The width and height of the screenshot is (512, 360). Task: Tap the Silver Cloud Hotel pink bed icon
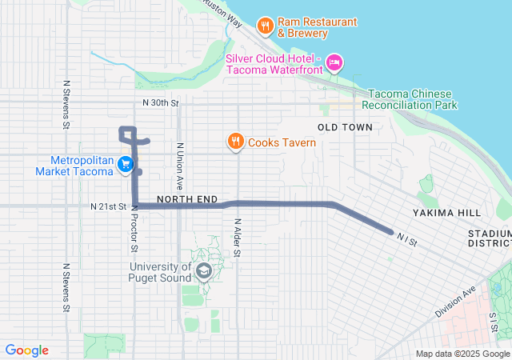tap(334, 62)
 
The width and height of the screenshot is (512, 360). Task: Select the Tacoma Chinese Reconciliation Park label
tap(410, 99)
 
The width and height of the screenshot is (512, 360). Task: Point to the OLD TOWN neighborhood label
tap(345, 127)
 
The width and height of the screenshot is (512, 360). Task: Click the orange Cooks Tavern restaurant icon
tap(235, 142)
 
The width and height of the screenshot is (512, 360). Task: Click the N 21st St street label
tap(108, 206)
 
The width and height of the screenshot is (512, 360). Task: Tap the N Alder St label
tap(238, 238)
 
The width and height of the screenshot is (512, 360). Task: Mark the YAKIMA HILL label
tap(447, 213)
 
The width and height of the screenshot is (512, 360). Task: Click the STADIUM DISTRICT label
tap(490, 238)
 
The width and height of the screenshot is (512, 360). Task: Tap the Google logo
tap(27, 350)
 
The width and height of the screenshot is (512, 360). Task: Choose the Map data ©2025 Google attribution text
tap(462, 354)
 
